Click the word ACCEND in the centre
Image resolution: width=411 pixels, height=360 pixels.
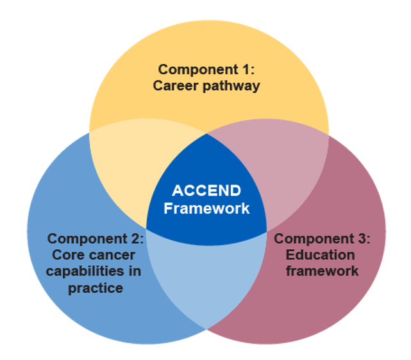[206, 191]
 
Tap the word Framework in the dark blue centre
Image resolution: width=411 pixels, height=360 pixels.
[206, 208]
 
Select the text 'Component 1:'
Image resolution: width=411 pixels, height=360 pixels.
[206, 69]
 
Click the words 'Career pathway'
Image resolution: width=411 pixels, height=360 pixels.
[206, 86]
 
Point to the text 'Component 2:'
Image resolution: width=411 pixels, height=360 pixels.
[95, 239]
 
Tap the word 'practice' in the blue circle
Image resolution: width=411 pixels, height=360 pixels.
[95, 288]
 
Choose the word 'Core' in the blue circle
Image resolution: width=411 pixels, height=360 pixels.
[68, 255]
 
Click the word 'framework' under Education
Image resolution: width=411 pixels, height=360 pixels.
[322, 271]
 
